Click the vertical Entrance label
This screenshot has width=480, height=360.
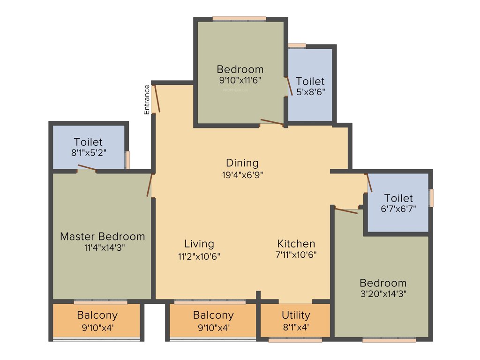pos(147,99)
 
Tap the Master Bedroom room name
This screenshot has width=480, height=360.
pos(102,236)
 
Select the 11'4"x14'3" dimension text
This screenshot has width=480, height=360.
pos(102,247)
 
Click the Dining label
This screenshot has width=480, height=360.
pos(242,163)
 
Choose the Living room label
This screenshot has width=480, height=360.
pos(199,244)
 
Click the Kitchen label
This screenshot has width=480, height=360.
pos(296,244)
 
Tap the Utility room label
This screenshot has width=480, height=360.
pos(296,315)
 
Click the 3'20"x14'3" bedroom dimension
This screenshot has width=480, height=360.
pos(383,294)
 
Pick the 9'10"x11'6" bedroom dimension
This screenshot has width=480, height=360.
pos(240,80)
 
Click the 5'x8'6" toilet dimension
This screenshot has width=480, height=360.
pos(310,92)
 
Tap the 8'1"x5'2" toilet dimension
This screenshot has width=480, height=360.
pos(88,152)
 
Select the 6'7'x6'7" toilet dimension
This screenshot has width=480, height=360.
pos(398,209)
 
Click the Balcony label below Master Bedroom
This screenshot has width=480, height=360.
pos(97,315)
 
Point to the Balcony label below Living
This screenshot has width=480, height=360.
pos(213,315)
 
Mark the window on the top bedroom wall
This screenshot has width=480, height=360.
pos(239,19)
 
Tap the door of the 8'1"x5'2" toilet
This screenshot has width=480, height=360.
pos(87,168)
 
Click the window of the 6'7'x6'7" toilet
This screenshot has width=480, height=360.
pos(432,197)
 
